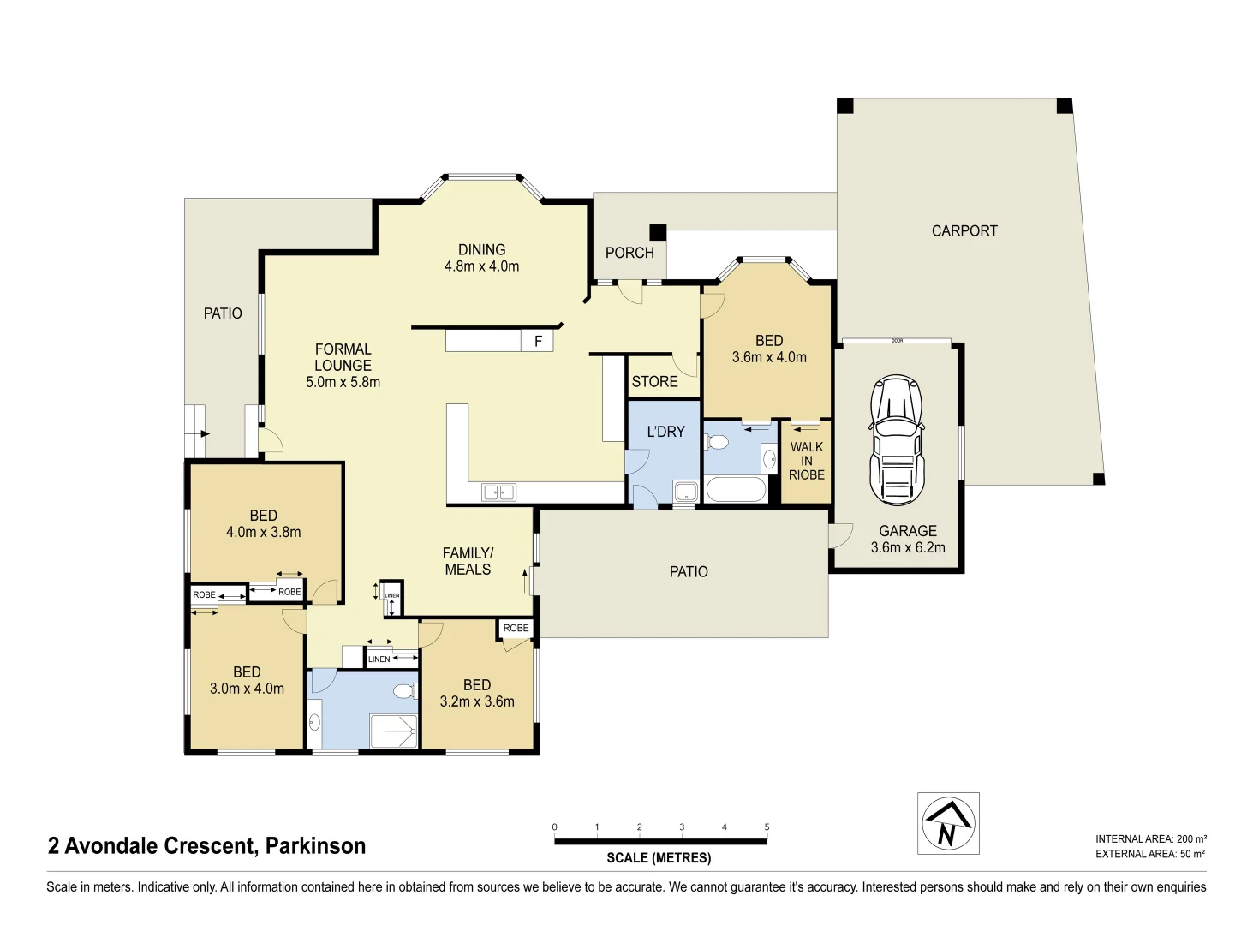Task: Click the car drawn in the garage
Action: [x=896, y=440]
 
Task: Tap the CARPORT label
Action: [x=964, y=230]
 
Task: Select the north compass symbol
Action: [x=948, y=824]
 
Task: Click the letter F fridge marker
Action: [x=539, y=342]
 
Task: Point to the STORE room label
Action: [x=654, y=382]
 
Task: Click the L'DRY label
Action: [x=665, y=432]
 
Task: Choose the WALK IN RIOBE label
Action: [x=807, y=461]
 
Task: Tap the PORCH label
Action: [x=629, y=253]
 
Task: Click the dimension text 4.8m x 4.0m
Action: [x=481, y=266]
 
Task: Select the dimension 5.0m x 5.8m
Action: [x=343, y=382]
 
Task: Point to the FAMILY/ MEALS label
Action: [x=468, y=561]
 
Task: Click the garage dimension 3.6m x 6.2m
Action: [x=908, y=547]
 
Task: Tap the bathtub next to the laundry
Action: [x=736, y=491]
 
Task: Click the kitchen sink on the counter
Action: [x=498, y=492]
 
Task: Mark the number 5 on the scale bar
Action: [x=767, y=827]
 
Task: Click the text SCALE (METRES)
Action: [x=659, y=857]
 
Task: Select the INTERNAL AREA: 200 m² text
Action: [x=1150, y=839]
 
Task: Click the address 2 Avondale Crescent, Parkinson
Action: [x=207, y=846]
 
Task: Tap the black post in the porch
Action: [x=658, y=232]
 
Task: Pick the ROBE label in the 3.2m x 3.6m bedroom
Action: [x=516, y=628]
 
